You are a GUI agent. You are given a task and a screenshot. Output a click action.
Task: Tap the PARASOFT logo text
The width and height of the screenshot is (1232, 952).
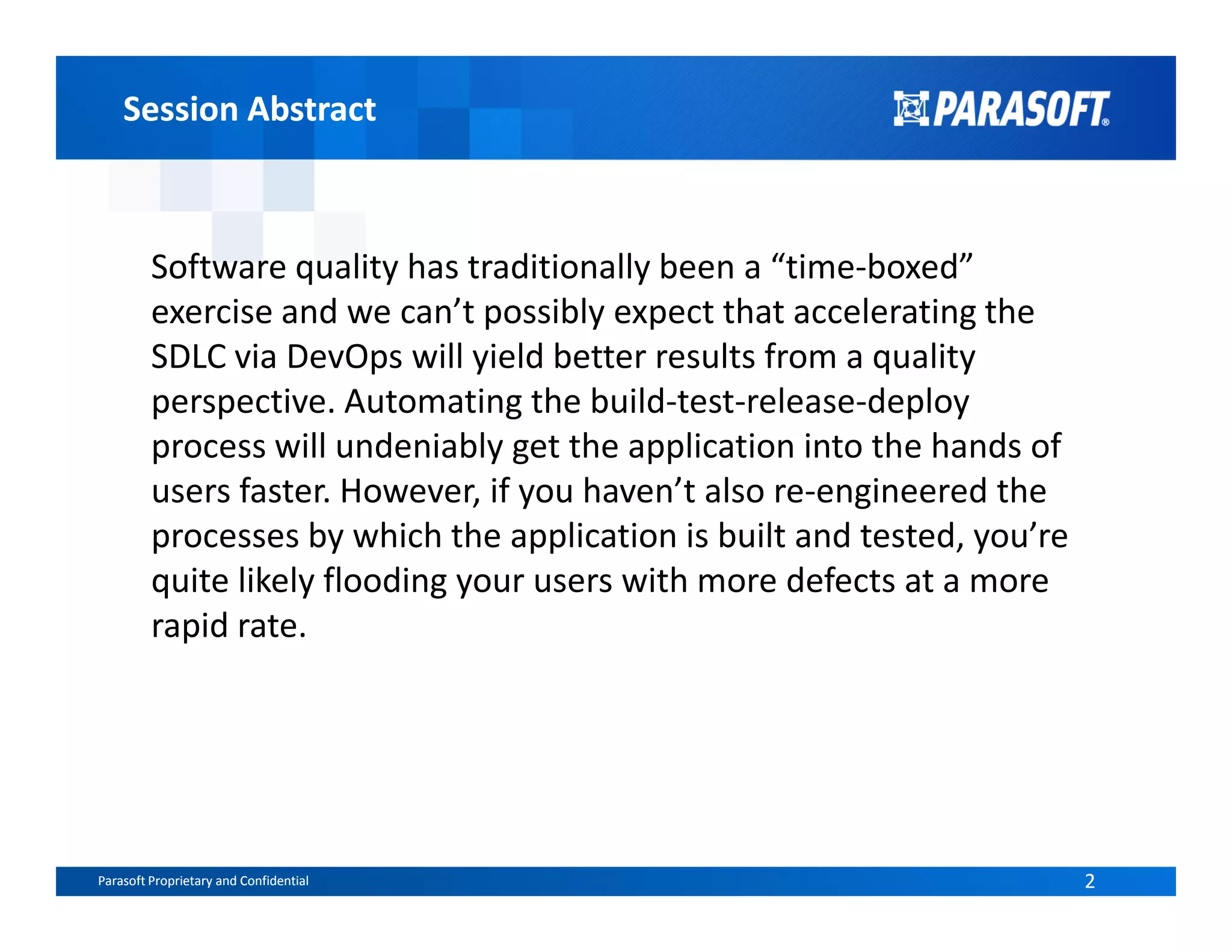tap(1020, 110)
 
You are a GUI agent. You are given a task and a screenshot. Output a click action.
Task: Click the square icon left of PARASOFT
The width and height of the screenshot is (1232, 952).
tap(910, 109)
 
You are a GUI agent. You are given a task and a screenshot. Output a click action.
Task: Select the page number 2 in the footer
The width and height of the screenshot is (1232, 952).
tap(1089, 881)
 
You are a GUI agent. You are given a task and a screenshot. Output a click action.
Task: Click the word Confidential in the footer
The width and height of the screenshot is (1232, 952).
tap(274, 881)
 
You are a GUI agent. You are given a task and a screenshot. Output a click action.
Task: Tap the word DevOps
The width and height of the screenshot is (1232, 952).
tap(344, 356)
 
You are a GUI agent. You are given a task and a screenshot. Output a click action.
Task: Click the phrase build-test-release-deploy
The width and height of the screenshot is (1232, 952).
tap(780, 401)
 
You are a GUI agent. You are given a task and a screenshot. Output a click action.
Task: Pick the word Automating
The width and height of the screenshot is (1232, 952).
tap(433, 401)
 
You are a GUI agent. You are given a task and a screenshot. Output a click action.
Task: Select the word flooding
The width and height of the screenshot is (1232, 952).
tap(385, 581)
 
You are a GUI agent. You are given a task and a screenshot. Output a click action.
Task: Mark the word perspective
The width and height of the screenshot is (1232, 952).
tap(242, 401)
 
